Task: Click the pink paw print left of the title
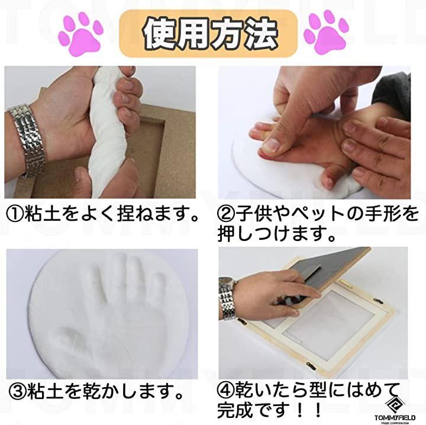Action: click(x=80, y=34)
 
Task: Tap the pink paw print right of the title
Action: click(x=327, y=33)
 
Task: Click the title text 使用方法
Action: click(x=211, y=33)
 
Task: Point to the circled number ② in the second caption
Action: click(x=226, y=214)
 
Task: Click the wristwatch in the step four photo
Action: click(x=226, y=298)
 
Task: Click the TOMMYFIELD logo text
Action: click(x=395, y=417)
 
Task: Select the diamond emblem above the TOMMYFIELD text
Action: click(x=395, y=405)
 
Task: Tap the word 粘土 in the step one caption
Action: click(x=41, y=214)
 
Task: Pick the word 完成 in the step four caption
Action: click(x=235, y=410)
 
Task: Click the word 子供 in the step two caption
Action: click(x=253, y=214)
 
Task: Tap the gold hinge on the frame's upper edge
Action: click(x=346, y=284)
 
